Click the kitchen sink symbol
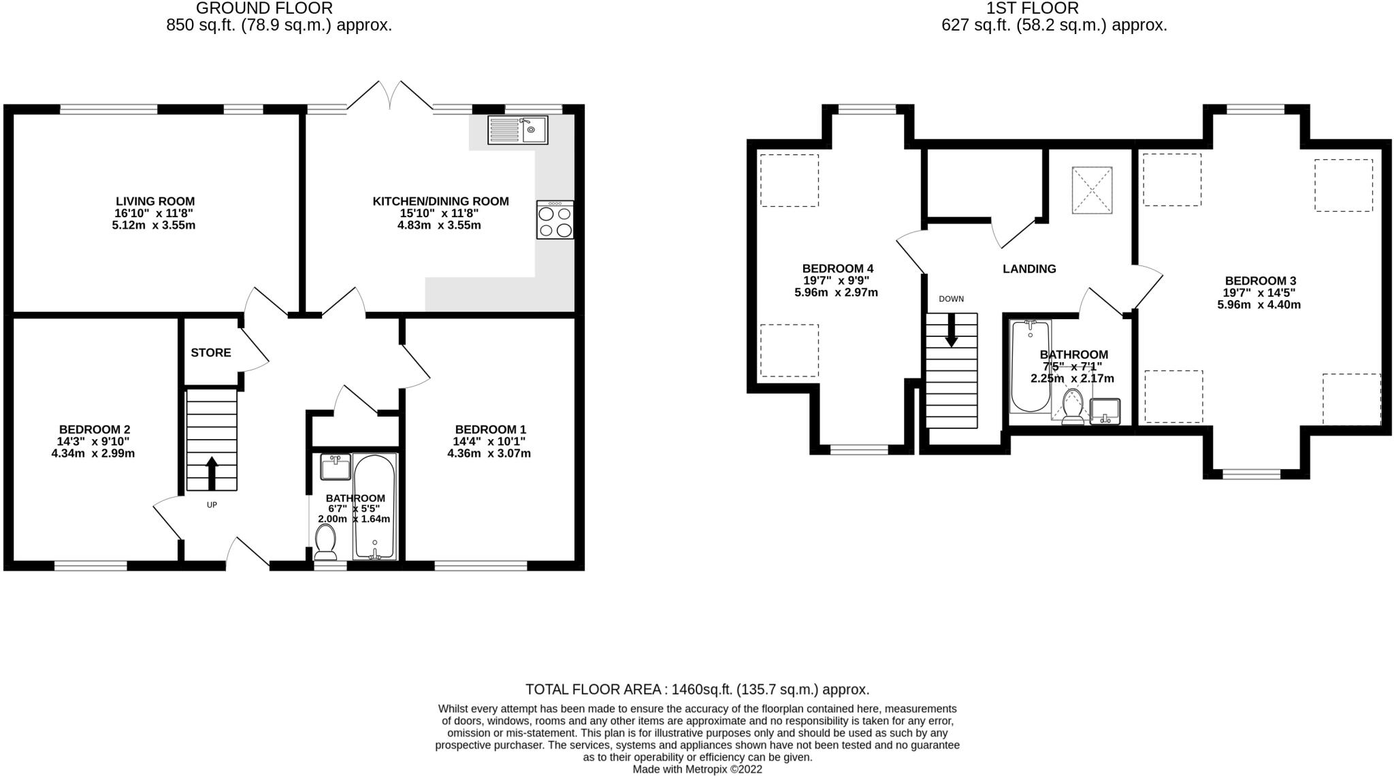[517, 130]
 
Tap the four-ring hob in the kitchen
[555, 220]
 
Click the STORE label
[211, 353]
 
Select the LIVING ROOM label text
[155, 201]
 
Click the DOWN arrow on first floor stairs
[952, 330]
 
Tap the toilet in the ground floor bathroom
[326, 544]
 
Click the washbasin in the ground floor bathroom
[336, 468]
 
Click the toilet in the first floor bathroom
[1073, 406]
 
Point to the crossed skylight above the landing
[1092, 191]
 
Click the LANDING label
[1029, 269]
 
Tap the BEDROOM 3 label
[1260, 280]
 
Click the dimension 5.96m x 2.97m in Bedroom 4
[836, 293]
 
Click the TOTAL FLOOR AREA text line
[697, 690]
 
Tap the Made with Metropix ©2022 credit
[697, 769]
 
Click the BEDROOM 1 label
[490, 430]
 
